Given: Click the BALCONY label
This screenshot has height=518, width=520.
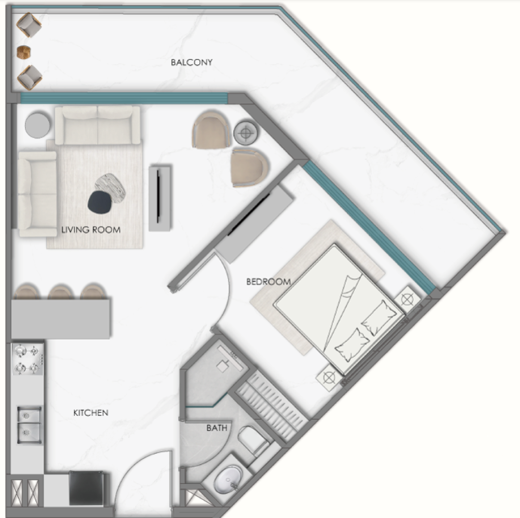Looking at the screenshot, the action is tap(192, 62).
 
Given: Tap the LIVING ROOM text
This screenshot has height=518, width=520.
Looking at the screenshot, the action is tap(91, 230).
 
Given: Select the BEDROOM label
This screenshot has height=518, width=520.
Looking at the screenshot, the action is tap(269, 282).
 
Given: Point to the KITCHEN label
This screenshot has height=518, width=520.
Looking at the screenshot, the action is tap(90, 412).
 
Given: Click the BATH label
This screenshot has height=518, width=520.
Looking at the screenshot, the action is tap(217, 428).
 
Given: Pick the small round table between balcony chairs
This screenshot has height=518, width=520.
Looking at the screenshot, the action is tap(24, 52).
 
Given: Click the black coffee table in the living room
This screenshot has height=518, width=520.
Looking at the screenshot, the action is tap(100, 202).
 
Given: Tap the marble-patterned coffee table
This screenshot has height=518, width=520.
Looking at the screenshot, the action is tap(111, 188).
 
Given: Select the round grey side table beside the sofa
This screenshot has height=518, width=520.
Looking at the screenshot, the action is tap(37, 125).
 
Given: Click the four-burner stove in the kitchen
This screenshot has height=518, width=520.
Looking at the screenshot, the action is tap(28, 360).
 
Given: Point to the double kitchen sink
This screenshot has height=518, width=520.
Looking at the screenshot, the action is tap(30, 425).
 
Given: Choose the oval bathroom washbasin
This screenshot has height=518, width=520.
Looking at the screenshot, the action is tap(228, 479).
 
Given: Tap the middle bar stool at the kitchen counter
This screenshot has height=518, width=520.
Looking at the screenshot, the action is tap(60, 292).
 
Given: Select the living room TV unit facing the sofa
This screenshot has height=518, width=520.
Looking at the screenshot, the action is tap(160, 198).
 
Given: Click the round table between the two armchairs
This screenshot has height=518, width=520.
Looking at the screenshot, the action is tap(246, 133).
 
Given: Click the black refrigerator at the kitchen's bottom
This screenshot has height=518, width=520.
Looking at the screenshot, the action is tap(87, 488).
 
